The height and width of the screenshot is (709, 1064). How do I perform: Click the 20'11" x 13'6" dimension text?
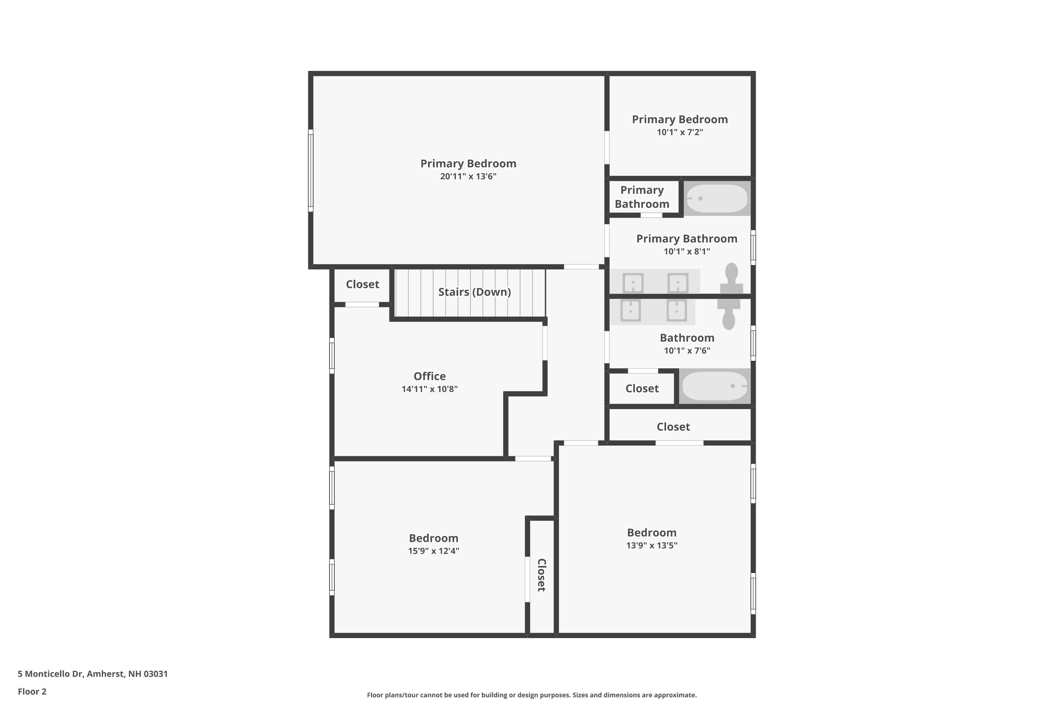[x=468, y=176]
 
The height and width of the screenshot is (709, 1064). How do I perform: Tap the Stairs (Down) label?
[x=475, y=292]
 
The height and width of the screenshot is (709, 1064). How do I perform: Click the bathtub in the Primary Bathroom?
[x=716, y=199]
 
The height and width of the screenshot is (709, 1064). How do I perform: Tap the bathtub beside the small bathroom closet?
[x=715, y=386]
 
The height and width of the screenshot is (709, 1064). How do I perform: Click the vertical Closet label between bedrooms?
[x=542, y=575]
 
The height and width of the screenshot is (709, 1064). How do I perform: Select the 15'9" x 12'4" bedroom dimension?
[x=433, y=551]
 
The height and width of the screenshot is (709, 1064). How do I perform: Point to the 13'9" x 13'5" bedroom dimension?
[x=652, y=545]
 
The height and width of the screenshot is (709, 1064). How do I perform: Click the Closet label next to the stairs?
[x=362, y=284]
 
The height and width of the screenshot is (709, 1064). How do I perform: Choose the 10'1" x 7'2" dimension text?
[x=680, y=132]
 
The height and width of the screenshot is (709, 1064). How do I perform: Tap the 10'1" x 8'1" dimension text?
[x=687, y=251]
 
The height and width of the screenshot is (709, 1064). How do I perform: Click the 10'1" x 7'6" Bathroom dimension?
[x=687, y=351]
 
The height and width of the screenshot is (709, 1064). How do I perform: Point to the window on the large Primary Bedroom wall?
[x=311, y=171]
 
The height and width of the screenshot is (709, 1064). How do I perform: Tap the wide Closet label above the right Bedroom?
[x=673, y=427]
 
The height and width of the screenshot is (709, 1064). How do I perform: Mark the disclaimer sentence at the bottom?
[x=532, y=695]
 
